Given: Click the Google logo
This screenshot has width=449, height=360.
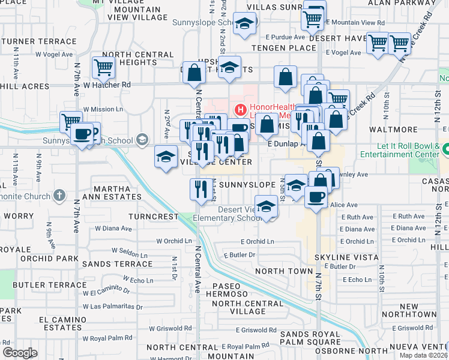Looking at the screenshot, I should tap(20, 353).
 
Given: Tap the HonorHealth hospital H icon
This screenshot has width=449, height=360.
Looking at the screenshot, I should tap(241, 109).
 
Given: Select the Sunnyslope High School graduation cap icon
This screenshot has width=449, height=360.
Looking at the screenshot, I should tap(142, 140).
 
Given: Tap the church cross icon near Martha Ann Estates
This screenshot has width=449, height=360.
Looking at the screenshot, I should tap(59, 195).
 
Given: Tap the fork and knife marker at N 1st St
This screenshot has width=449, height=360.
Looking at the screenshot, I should tap(200, 189).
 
